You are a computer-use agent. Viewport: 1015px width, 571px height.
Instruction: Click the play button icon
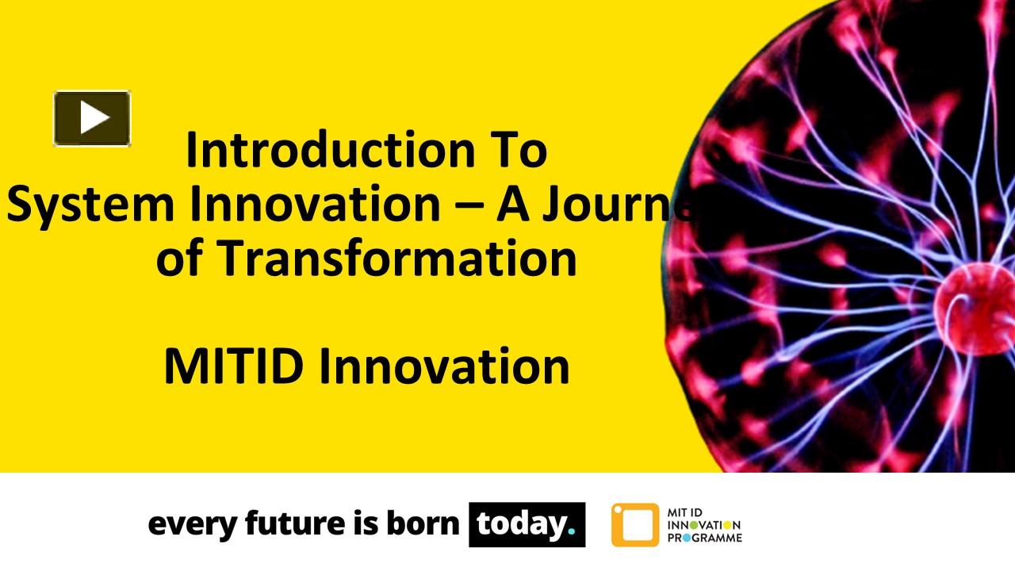(92, 118)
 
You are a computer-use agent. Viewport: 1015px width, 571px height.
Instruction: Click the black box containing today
(527, 524)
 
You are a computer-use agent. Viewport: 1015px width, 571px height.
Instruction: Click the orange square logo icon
(634, 524)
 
